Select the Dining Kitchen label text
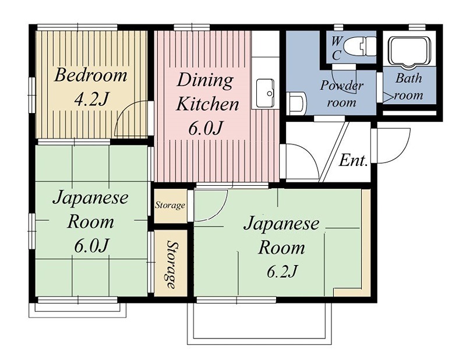(207, 91)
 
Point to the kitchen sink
(267, 92)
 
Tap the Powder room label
(342, 94)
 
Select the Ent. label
(354, 161)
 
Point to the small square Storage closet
(170, 205)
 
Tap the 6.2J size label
(281, 271)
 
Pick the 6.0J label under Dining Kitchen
(206, 128)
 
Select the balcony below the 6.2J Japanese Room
(259, 323)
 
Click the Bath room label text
(409, 86)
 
